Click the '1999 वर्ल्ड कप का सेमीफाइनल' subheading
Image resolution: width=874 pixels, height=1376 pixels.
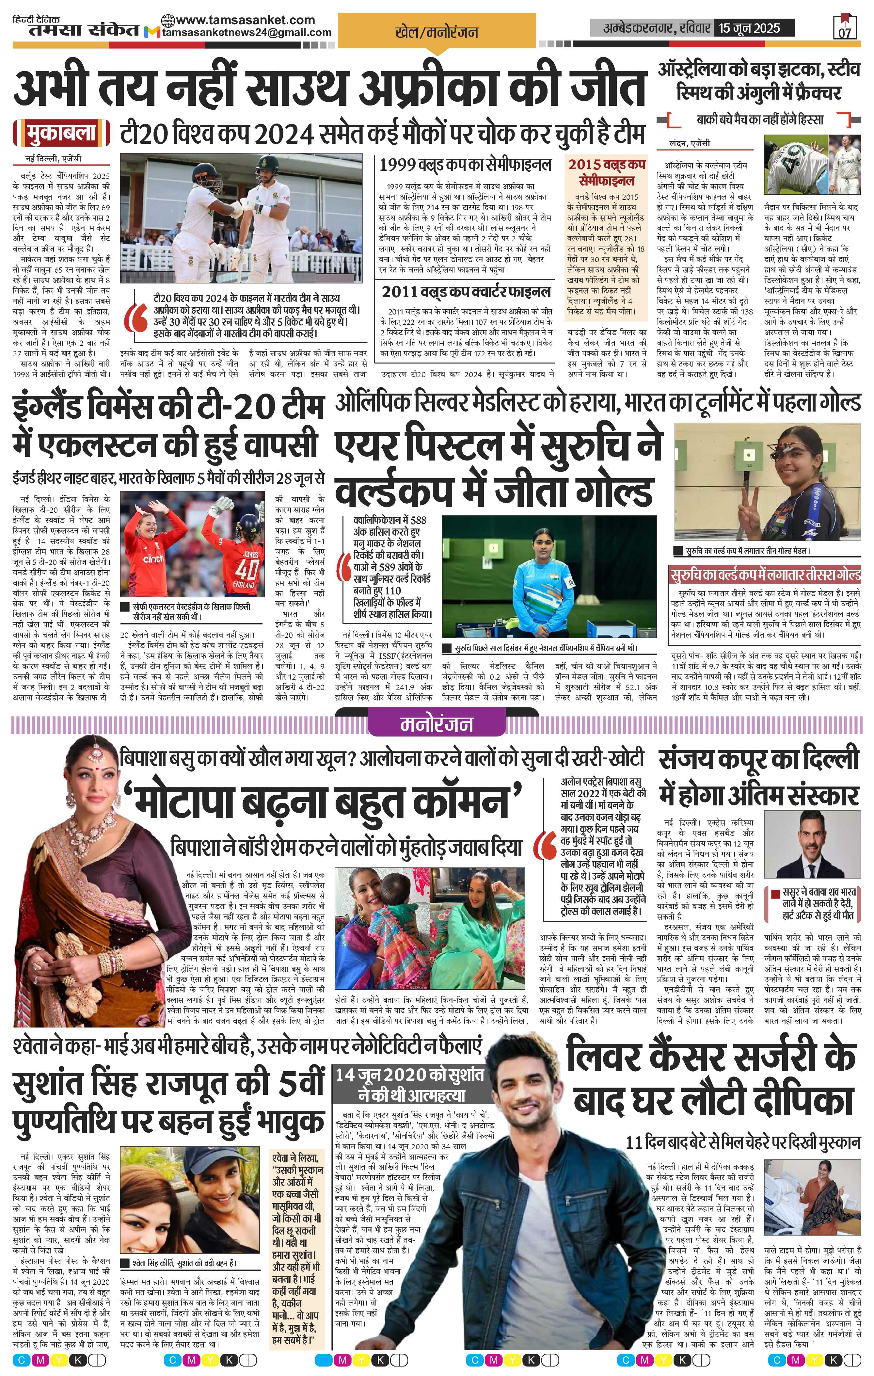466,165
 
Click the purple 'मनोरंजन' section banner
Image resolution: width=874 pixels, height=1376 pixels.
437,724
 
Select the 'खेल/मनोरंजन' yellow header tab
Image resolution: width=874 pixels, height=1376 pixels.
437,33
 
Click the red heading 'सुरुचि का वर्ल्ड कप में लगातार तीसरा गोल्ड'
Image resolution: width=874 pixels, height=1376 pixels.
765,574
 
